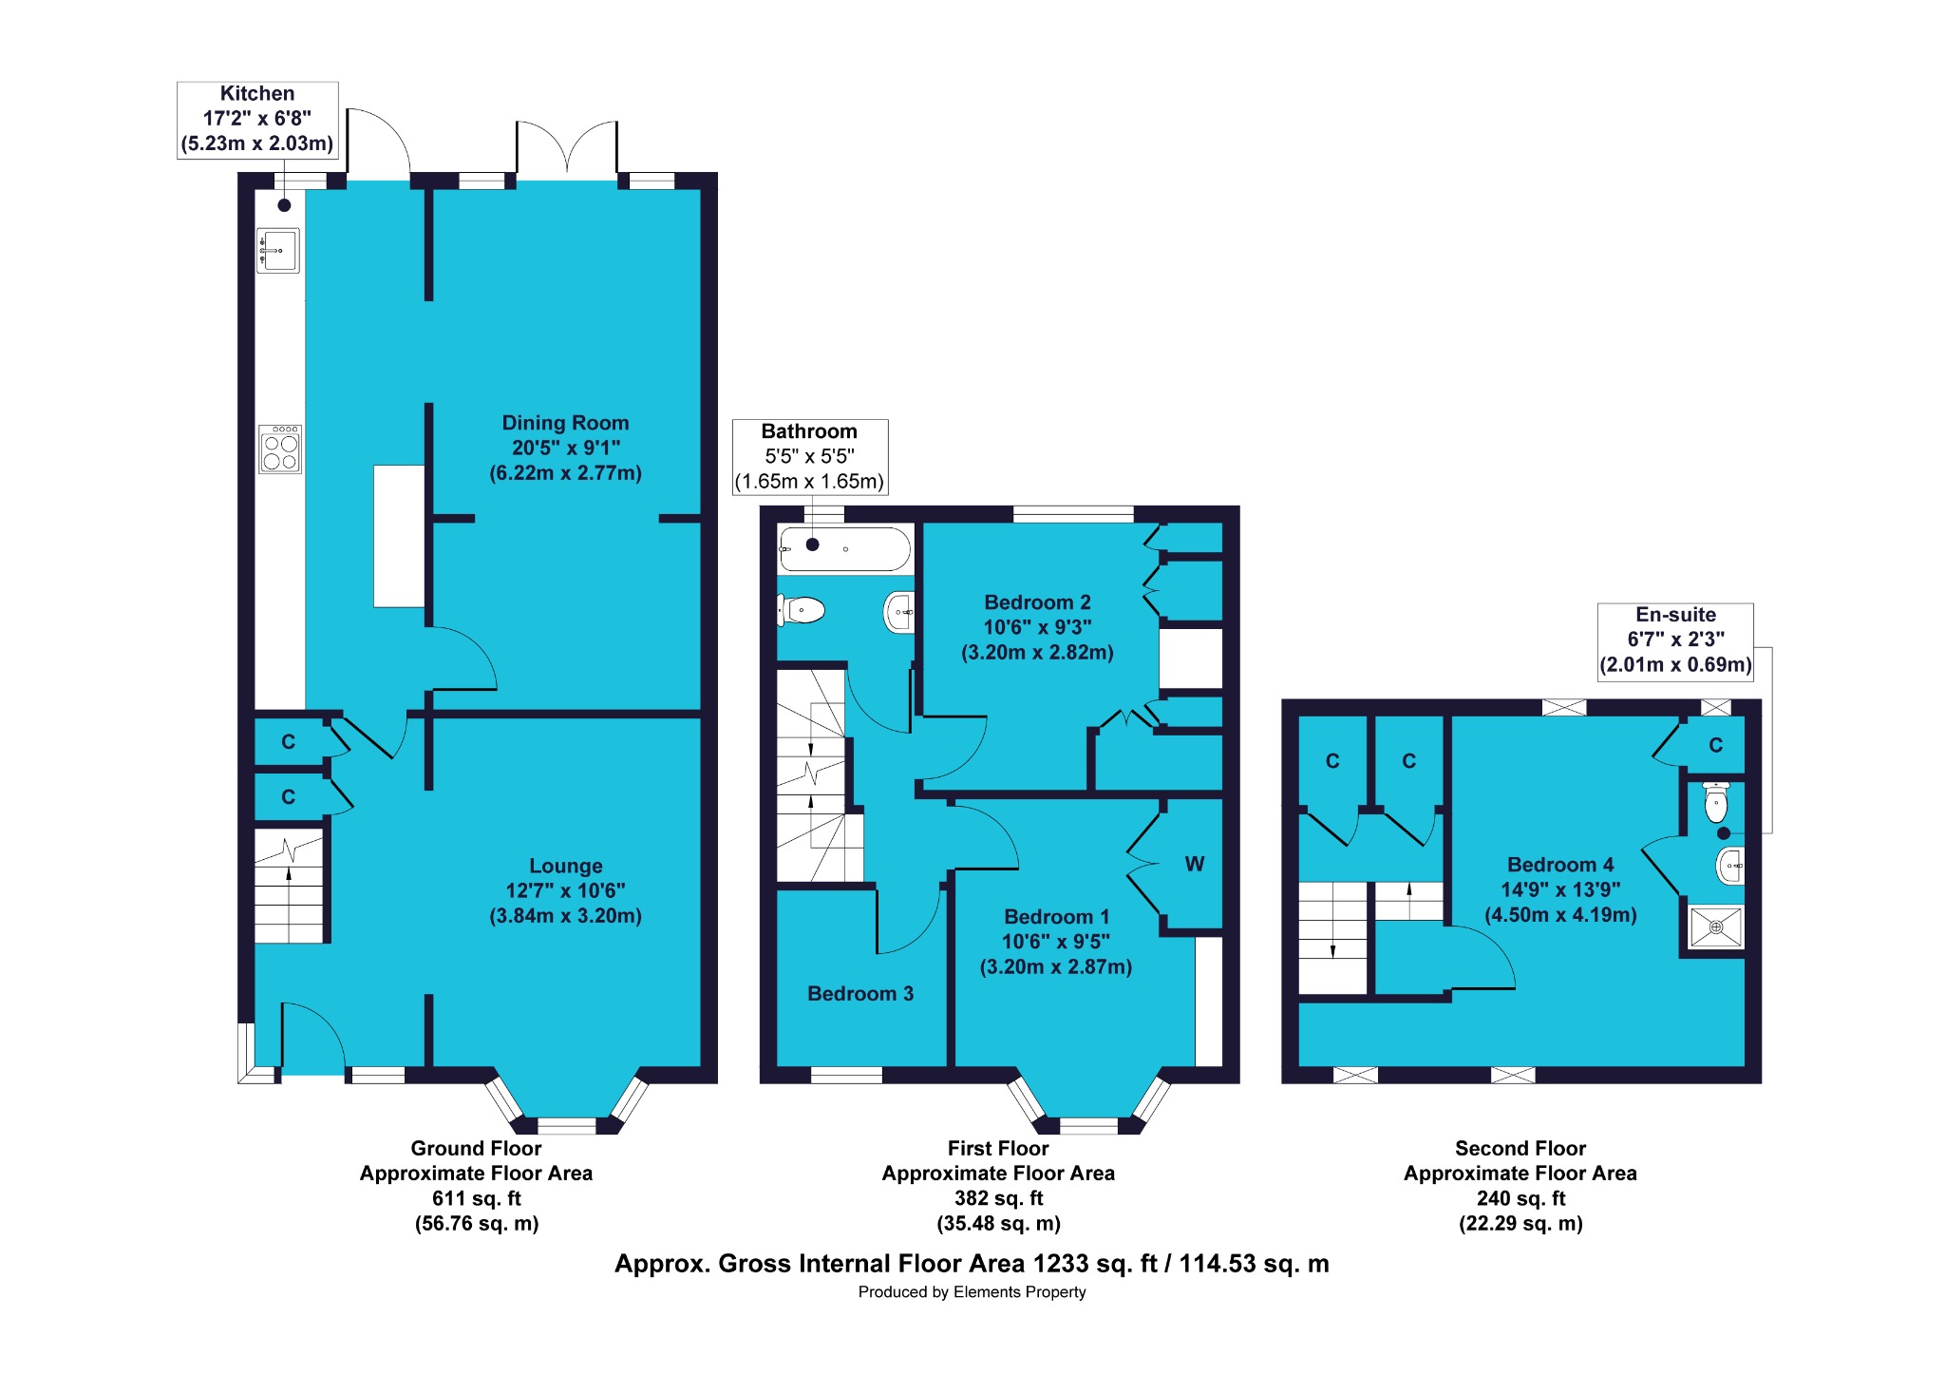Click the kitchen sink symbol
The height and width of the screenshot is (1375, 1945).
tap(278, 251)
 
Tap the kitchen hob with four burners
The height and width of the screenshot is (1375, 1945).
tap(281, 449)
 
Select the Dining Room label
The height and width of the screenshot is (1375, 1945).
tap(565, 423)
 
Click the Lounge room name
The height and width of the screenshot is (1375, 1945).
tap(566, 866)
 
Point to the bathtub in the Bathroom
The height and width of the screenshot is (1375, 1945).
tap(844, 549)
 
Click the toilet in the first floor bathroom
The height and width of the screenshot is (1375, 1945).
tap(801, 609)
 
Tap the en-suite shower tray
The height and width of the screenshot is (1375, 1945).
tap(1716, 926)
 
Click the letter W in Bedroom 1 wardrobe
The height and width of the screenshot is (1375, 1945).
tap(1195, 864)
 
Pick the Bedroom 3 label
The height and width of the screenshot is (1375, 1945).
tap(860, 994)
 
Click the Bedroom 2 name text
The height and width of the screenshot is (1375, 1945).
tap(1037, 602)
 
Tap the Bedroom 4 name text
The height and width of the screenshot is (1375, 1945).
tap(1560, 865)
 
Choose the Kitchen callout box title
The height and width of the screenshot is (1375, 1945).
tap(257, 93)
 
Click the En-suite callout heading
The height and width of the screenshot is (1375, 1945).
tap(1675, 615)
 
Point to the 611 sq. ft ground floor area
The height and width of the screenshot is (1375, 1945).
tap(477, 1198)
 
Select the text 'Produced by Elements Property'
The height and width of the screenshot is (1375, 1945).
tap(972, 1292)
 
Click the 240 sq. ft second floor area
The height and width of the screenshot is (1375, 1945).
tap(1520, 1198)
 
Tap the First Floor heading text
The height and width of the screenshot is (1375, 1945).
tap(998, 1148)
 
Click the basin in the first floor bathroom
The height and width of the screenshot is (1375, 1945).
tap(899, 613)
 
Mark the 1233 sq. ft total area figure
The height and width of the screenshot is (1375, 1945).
tap(1095, 1264)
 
